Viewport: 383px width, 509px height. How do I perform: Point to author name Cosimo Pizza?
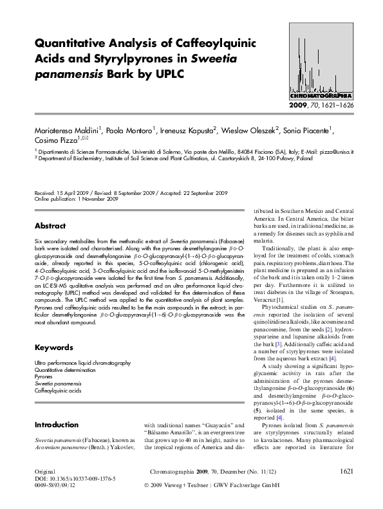click(55, 140)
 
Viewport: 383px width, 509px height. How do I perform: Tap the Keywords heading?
click(53, 347)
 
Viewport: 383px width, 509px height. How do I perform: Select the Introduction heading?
click(56, 425)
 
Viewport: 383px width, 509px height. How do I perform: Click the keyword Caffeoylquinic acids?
click(58, 391)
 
